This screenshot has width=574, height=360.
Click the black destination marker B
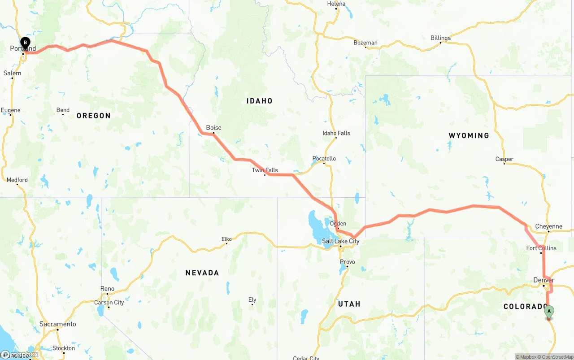(x=26, y=43)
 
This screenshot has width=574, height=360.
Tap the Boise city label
(x=213, y=128)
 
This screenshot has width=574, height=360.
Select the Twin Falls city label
(x=265, y=170)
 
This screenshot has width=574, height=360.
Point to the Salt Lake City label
(x=340, y=241)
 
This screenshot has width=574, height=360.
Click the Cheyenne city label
(x=548, y=226)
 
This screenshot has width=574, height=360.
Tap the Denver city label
(x=544, y=280)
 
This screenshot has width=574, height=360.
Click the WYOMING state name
(x=469, y=135)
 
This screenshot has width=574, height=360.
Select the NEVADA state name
(x=202, y=273)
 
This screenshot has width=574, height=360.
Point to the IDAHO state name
(x=259, y=101)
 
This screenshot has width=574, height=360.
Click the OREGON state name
(x=93, y=116)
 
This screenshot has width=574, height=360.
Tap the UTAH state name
(x=349, y=304)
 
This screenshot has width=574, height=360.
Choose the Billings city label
(x=440, y=38)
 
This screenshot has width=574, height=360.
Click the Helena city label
(x=336, y=4)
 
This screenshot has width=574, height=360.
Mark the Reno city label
(x=107, y=289)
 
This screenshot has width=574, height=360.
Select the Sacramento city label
(x=57, y=324)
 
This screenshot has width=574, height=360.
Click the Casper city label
(x=504, y=159)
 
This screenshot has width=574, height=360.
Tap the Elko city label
(x=226, y=239)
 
